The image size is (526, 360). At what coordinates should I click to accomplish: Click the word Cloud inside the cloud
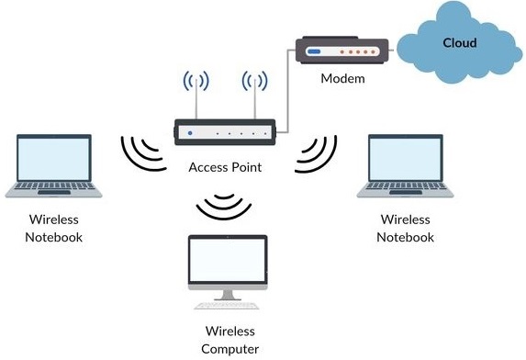459,42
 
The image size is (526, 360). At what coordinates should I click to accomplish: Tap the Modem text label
342,78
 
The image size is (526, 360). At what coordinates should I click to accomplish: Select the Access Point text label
225,167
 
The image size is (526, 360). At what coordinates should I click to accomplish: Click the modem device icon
342,51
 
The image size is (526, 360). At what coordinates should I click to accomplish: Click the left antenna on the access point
194,92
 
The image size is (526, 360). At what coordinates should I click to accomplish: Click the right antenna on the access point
254,92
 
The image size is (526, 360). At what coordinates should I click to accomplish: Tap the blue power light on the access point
190,134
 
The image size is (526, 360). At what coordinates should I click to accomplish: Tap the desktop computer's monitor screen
227,263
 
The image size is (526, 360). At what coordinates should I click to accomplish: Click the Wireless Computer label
229,340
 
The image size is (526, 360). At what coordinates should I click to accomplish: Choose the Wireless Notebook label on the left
55,229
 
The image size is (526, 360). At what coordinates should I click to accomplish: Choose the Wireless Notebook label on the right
405,229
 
